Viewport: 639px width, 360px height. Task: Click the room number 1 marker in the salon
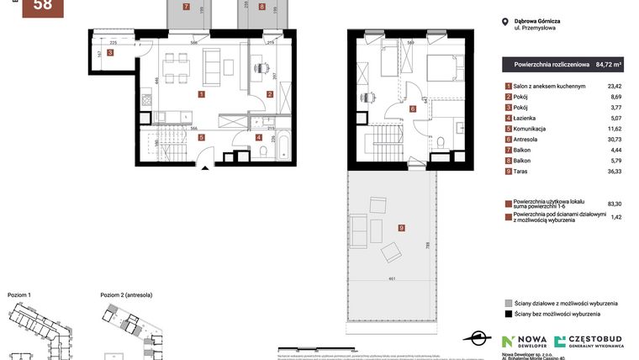click(200, 94)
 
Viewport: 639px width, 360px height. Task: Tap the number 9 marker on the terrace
click(402, 228)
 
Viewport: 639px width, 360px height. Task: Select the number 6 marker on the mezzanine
click(413, 109)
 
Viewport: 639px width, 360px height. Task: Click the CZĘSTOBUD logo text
click(596, 338)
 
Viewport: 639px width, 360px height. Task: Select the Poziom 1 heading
click(18, 295)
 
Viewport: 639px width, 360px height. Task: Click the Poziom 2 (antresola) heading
click(126, 295)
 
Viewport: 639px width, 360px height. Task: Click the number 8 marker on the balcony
click(262, 7)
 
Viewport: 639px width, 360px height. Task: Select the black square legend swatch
click(507, 314)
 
